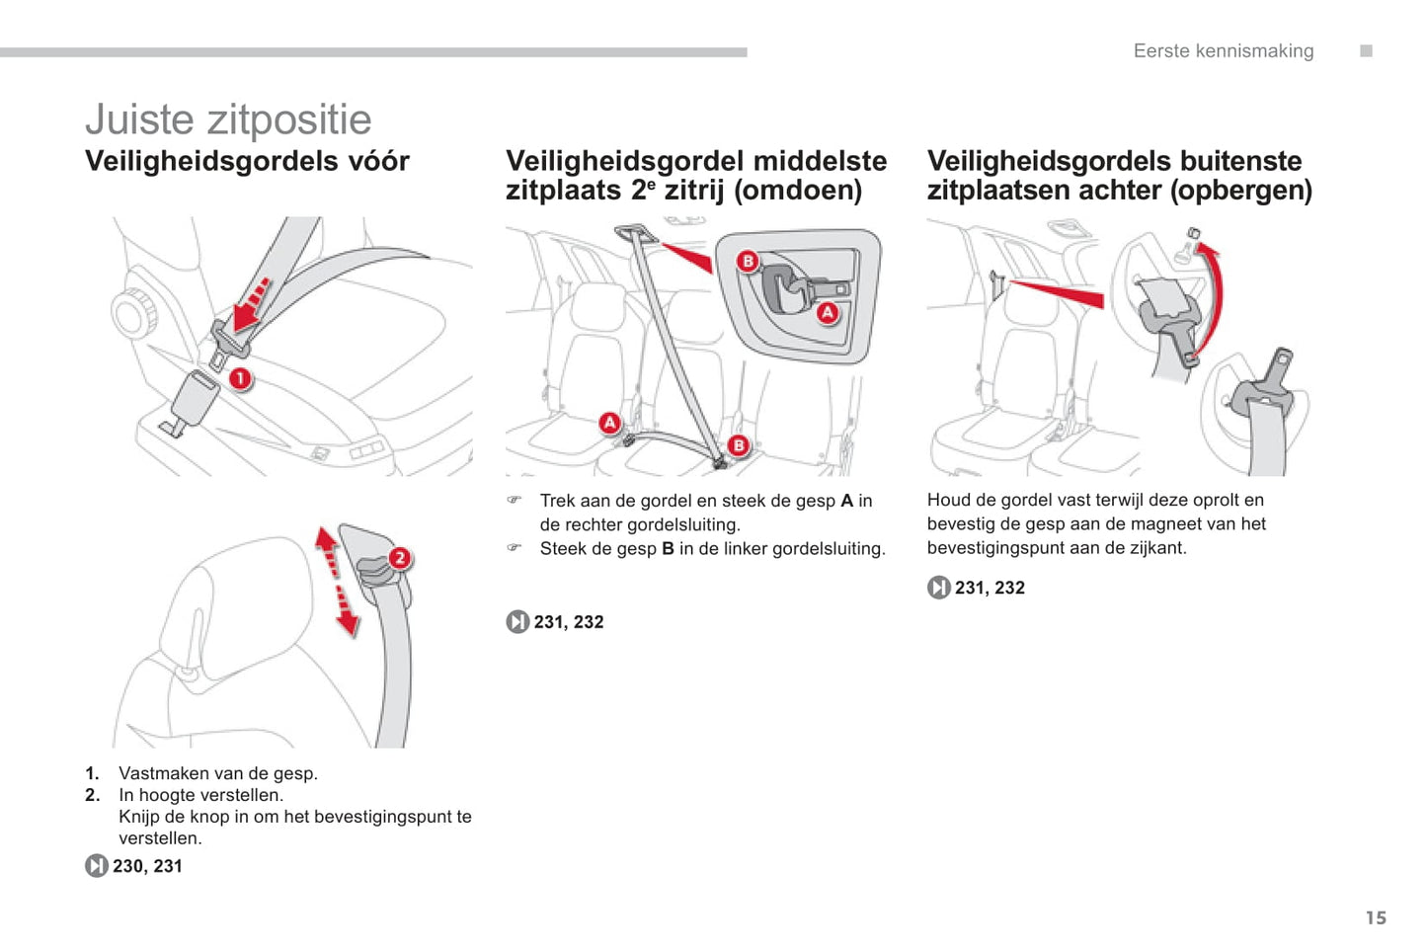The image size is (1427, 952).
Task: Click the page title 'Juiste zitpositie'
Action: click(x=228, y=120)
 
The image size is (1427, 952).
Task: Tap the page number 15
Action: click(x=1376, y=918)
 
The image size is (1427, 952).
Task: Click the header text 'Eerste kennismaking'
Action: click(x=1223, y=51)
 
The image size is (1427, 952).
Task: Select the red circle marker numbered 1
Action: click(x=240, y=378)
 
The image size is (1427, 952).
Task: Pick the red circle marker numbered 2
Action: click(x=399, y=558)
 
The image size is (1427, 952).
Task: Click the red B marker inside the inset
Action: click(x=748, y=261)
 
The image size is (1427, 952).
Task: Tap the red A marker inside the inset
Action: click(x=827, y=313)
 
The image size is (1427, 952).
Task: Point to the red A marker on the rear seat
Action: click(x=610, y=423)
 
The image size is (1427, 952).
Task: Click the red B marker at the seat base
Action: click(x=738, y=445)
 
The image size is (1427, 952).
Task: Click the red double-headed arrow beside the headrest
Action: click(x=336, y=581)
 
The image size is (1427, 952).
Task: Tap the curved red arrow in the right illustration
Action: click(x=1214, y=296)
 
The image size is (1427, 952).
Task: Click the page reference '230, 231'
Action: click(x=147, y=866)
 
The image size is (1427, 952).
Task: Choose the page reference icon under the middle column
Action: click(x=517, y=622)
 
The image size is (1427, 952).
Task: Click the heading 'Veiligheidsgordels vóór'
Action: click(x=247, y=161)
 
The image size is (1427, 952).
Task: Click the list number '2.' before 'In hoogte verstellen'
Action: click(x=93, y=795)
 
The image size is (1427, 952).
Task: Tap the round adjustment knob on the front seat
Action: click(x=133, y=315)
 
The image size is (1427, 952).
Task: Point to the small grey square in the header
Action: click(x=1366, y=51)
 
